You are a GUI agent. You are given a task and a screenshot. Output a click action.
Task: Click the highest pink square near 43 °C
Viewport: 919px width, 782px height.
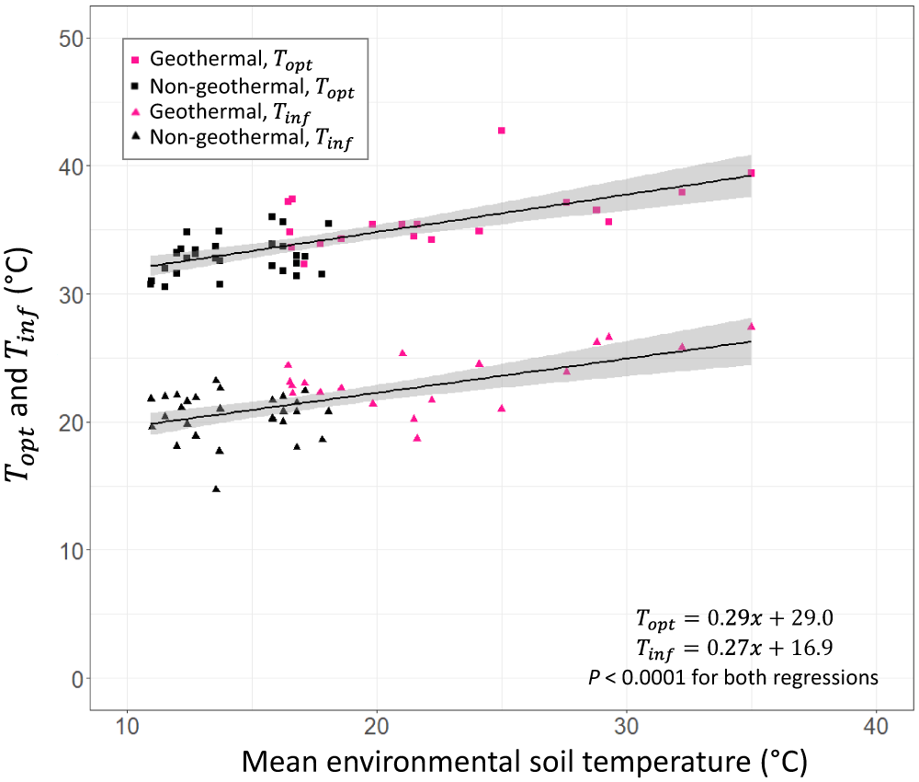[501, 131]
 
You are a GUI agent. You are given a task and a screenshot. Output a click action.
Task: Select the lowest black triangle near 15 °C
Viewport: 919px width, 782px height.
[216, 489]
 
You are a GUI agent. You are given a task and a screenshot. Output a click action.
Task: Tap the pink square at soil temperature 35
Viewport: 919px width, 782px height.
[751, 173]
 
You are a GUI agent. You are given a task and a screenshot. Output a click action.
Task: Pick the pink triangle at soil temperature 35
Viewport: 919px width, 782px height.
[751, 326]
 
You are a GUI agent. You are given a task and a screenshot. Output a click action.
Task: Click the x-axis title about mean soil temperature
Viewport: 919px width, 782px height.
[525, 761]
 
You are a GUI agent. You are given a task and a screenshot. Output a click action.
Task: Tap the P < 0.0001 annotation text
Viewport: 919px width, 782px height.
[732, 678]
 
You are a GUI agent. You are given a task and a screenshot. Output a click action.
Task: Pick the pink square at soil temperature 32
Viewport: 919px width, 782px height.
[682, 191]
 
